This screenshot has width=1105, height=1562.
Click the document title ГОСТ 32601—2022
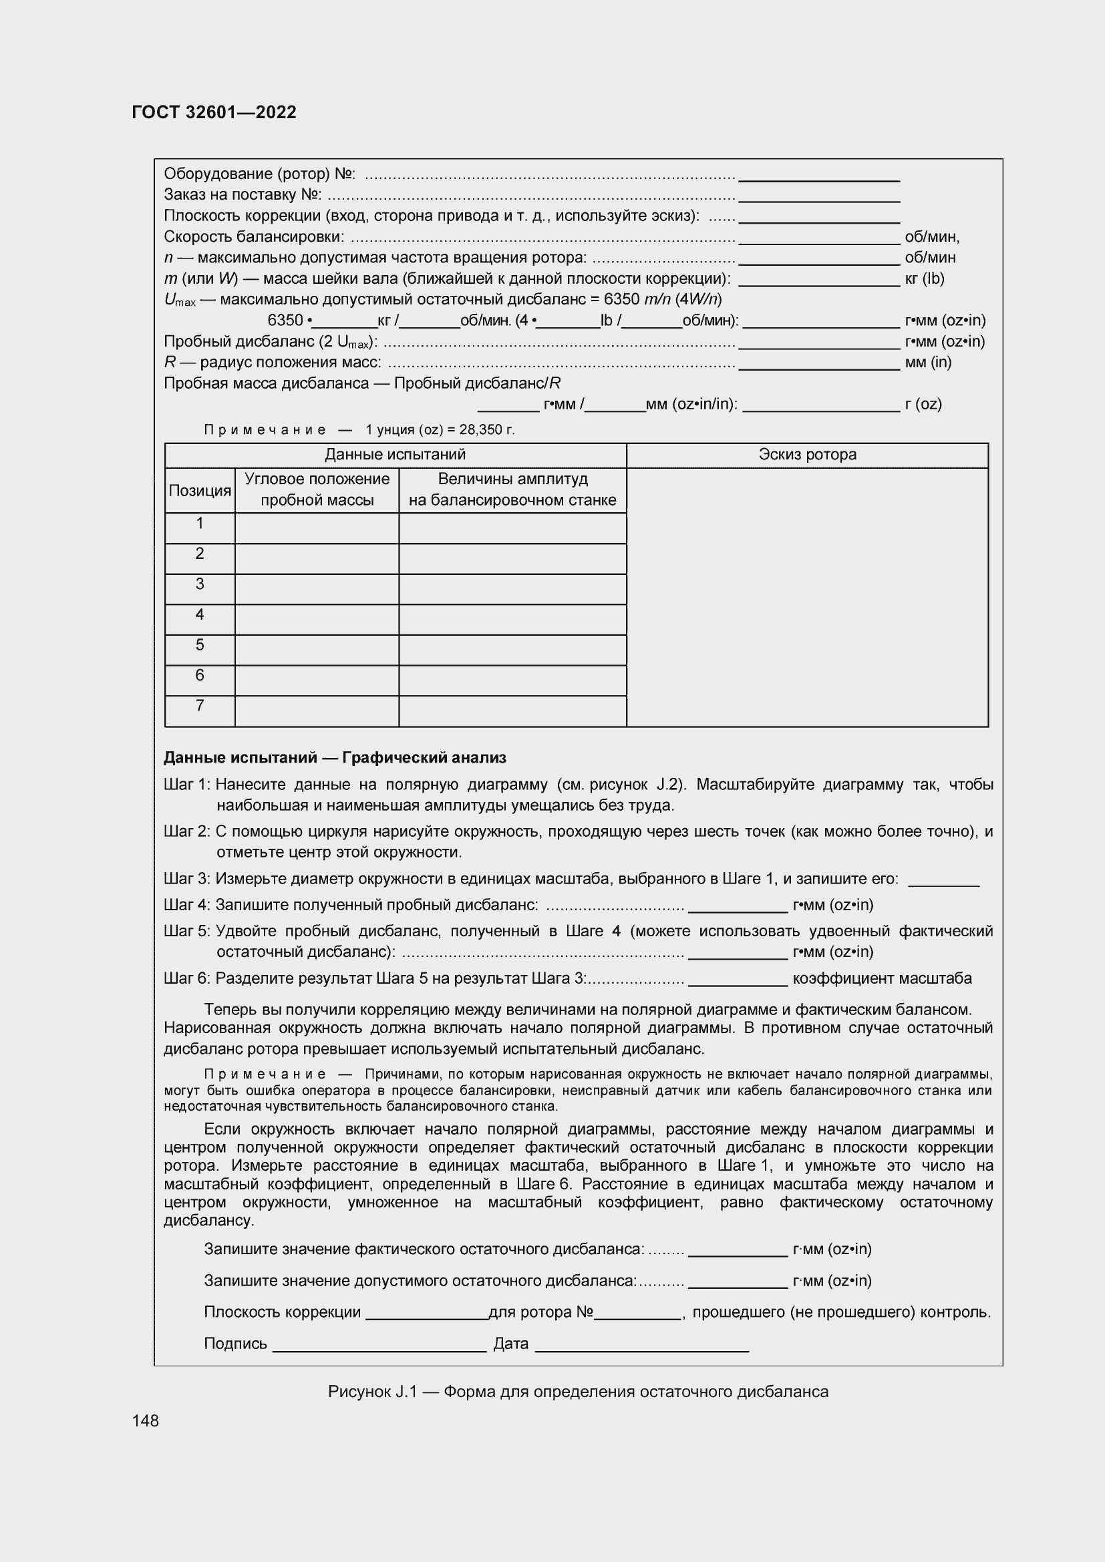(214, 113)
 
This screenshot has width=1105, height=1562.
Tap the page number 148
(146, 1420)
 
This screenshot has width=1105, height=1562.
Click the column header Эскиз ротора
(807, 455)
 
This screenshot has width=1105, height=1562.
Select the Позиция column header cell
(199, 491)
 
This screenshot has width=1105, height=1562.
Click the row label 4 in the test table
(199, 615)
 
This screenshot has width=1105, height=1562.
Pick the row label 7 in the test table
(199, 706)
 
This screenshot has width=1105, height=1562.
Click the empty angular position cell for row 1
(317, 529)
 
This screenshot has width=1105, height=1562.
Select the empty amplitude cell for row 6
(512, 680)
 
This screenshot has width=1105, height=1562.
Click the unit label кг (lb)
(924, 279)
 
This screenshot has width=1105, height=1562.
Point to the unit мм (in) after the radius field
(927, 363)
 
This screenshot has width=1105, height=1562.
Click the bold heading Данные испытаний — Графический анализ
(335, 758)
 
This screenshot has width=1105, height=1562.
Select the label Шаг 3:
(187, 879)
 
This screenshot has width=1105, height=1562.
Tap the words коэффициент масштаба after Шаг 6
(882, 979)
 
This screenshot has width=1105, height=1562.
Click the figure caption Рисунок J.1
(578, 1392)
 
